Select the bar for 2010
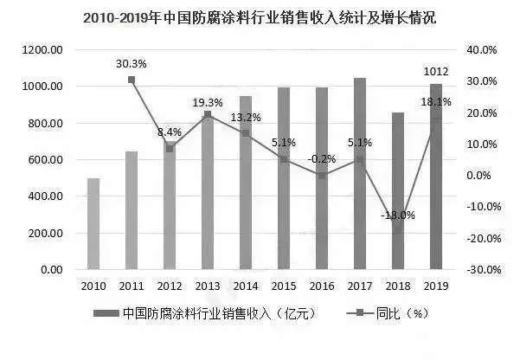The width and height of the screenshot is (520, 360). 93,224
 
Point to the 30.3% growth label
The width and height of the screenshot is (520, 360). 132,63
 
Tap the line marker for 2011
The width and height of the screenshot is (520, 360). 132,80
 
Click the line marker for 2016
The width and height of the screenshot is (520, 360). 322,176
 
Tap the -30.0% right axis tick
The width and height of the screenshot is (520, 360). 483,270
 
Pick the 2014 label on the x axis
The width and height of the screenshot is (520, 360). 246,286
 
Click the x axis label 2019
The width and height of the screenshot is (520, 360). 435,286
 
